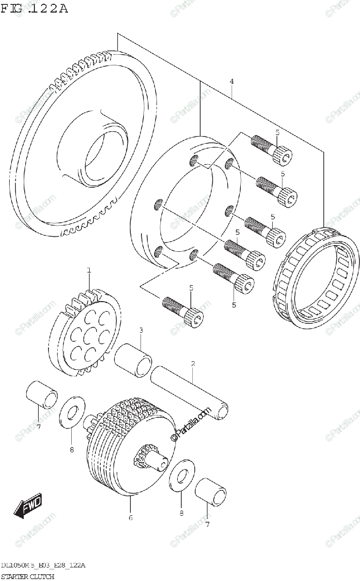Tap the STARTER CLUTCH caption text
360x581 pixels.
27,576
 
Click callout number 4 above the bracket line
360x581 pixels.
232,81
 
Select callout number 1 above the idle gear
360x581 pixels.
89,271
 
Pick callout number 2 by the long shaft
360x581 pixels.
192,363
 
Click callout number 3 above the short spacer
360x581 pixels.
141,330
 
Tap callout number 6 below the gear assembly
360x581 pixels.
130,518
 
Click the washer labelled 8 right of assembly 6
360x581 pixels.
181,477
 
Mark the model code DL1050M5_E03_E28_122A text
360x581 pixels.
44,566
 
